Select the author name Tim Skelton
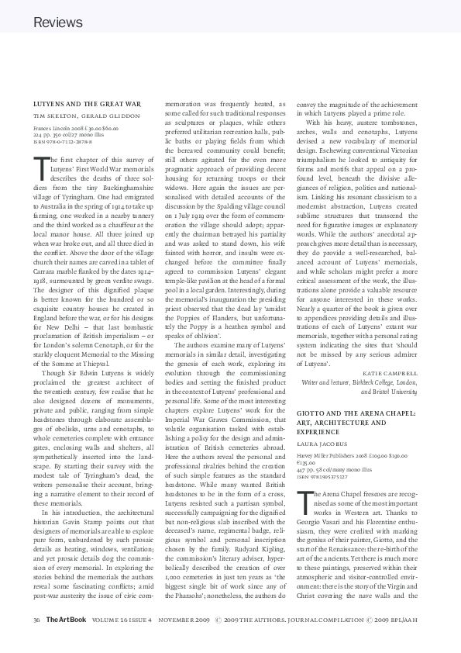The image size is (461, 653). (55, 116)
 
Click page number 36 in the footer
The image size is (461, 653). (36, 620)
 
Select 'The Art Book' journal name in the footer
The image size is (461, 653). (60, 620)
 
